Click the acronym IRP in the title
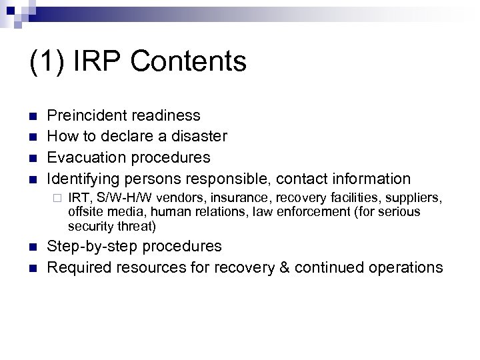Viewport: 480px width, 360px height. point(101,61)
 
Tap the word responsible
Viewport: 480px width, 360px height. point(234,179)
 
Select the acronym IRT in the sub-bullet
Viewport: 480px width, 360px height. point(79,198)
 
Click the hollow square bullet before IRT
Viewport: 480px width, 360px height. point(57,199)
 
